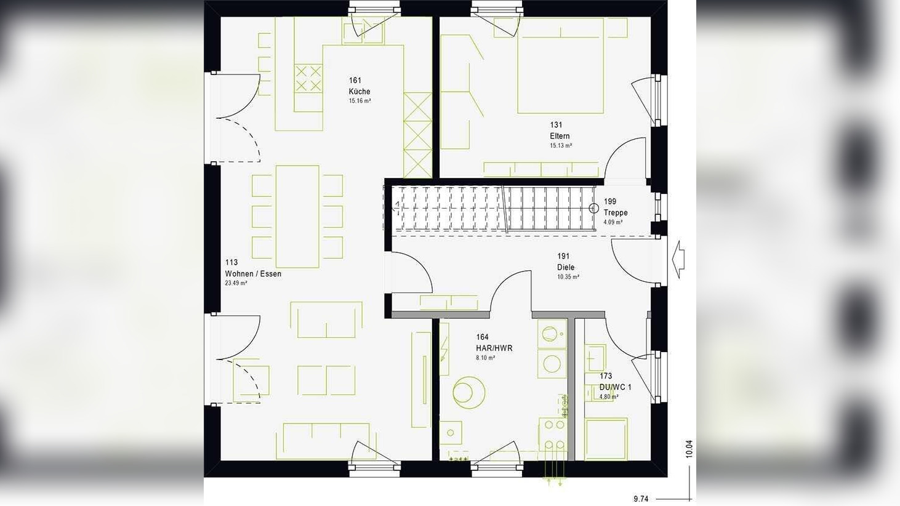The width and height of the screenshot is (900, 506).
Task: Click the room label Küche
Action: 360,92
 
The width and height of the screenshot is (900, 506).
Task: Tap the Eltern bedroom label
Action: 560,136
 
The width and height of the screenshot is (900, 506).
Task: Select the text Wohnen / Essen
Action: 253,274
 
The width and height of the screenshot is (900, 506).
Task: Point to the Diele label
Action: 566,267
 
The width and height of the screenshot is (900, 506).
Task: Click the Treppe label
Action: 616,212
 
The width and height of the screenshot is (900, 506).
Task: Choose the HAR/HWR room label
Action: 494,348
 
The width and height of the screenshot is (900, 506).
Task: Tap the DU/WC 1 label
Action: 615,387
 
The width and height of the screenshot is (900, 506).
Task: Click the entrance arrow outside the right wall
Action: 679,259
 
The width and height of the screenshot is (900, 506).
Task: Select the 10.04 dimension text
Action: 689,449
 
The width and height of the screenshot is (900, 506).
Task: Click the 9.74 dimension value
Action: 641,499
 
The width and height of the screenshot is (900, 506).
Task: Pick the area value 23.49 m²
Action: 236,284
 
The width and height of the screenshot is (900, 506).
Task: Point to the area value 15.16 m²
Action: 360,101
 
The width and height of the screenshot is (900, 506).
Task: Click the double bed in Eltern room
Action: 560,66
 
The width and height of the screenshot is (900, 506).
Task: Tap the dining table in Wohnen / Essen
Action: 297,216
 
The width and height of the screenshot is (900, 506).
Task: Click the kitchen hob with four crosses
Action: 308,78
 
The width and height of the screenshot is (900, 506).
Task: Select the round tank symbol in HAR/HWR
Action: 468,392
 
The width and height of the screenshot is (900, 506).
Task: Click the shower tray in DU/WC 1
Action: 606,438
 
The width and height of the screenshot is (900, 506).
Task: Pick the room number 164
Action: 482,337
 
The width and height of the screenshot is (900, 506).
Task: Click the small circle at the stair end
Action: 594,209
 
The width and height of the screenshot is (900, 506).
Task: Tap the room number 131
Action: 556,125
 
